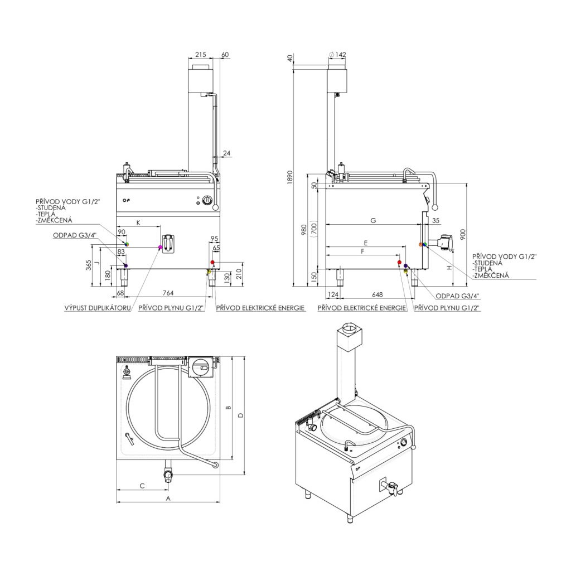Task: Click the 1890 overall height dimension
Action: click(290, 177)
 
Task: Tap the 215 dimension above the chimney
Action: click(200, 55)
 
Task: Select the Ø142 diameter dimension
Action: click(337, 55)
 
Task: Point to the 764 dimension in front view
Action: click(168, 293)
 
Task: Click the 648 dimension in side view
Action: click(378, 294)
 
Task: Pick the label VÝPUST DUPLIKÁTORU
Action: click(98, 308)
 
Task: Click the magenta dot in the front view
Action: click(160, 247)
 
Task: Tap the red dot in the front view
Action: click(212, 262)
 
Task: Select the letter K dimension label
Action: click(138, 222)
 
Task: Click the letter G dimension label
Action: click(373, 220)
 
